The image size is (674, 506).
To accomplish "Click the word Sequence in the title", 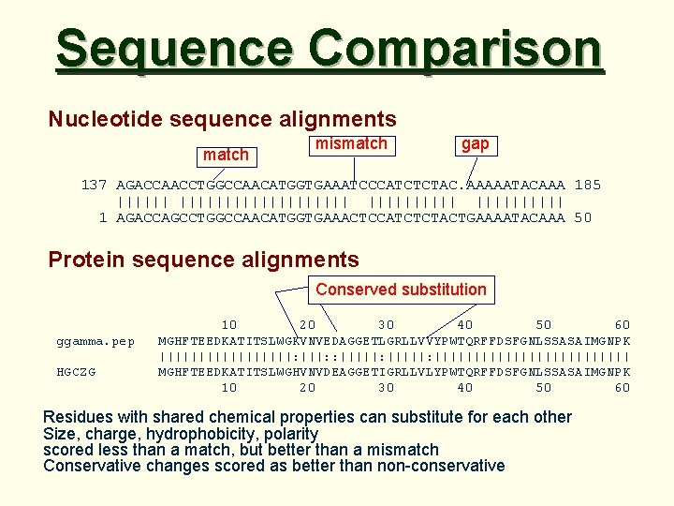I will (x=175, y=50).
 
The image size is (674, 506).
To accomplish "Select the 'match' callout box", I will (x=226, y=155).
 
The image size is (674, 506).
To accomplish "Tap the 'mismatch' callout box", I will (x=351, y=144).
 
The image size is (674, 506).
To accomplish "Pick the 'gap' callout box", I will (x=475, y=144).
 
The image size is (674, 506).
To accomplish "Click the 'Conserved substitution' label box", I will (x=401, y=290).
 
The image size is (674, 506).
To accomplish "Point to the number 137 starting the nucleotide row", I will (x=94, y=185).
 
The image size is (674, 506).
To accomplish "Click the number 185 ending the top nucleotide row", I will (x=589, y=185).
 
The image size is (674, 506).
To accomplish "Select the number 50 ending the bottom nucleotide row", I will (x=583, y=217).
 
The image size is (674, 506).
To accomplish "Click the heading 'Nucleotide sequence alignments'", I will (x=222, y=120).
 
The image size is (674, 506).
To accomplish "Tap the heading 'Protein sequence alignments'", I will (x=203, y=260).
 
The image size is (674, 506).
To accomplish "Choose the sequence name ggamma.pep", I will (x=95, y=340).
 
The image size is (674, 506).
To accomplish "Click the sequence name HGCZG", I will (x=76, y=372).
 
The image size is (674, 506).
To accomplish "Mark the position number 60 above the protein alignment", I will (x=622, y=325).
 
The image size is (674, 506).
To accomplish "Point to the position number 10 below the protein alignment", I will (x=228, y=387).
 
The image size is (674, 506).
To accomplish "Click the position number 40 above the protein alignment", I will (x=464, y=325).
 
